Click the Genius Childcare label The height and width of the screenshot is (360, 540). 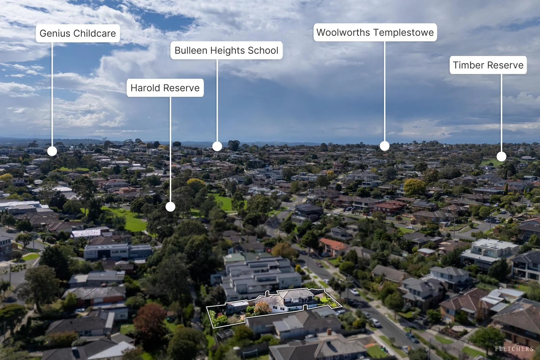click(x=78, y=33)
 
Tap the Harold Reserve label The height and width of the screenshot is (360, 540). click(x=165, y=88)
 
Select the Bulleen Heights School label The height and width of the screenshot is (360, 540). click(x=226, y=50)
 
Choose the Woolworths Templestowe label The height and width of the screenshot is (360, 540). click(x=375, y=32)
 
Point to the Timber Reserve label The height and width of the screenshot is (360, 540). click(x=488, y=65)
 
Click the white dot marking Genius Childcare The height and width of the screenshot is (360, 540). click(x=52, y=151)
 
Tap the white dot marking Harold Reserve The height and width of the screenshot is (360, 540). click(x=170, y=207)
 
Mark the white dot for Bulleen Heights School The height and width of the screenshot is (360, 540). click(x=217, y=146)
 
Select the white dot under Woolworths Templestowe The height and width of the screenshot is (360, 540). click(x=384, y=146)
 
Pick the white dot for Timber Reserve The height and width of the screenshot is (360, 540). click(x=502, y=157)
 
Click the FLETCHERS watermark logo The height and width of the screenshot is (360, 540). click(x=514, y=349)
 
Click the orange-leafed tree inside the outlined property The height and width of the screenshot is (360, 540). click(x=262, y=308)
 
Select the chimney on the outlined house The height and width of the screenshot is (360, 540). click(x=267, y=294)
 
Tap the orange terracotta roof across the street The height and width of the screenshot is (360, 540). click(x=334, y=244)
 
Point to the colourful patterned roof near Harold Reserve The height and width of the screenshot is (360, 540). click(x=86, y=233)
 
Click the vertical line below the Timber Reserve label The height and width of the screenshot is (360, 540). click(x=502, y=113)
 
